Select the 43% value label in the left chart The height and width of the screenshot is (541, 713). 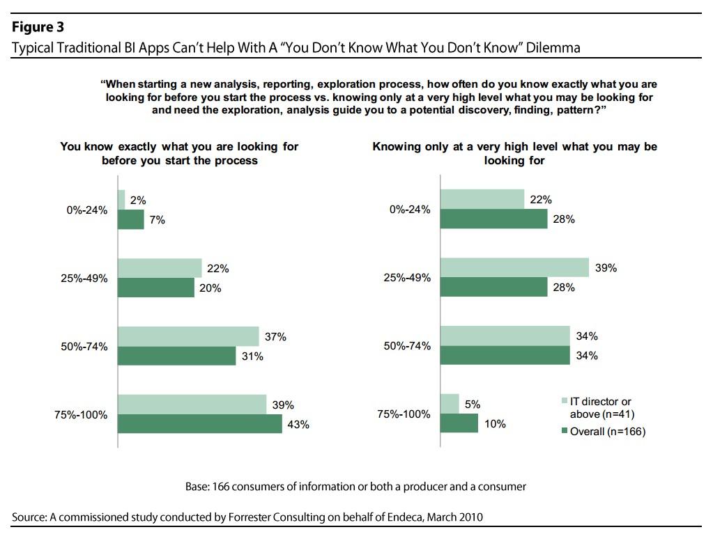299,424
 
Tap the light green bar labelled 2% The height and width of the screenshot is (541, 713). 121,200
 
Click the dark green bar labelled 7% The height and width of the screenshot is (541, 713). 130,219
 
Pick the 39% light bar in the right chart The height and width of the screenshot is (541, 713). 514,267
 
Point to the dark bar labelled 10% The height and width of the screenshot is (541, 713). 459,423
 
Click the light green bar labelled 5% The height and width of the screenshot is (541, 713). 450,404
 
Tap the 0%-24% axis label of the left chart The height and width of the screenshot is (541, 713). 86,210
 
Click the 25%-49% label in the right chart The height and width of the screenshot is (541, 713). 407,278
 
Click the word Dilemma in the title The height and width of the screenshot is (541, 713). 554,47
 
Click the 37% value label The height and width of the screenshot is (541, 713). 276,336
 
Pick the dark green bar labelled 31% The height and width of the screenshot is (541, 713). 176,356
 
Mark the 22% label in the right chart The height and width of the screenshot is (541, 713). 541,199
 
